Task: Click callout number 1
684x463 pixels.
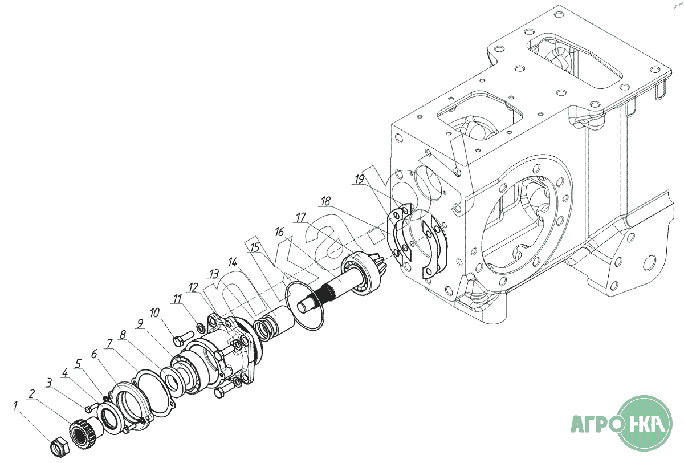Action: click(15, 405)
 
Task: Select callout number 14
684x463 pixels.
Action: click(233, 262)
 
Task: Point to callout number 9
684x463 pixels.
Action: click(140, 323)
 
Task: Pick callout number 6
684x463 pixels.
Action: click(95, 354)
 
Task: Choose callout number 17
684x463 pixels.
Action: click(301, 218)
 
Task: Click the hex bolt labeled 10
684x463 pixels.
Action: click(183, 338)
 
